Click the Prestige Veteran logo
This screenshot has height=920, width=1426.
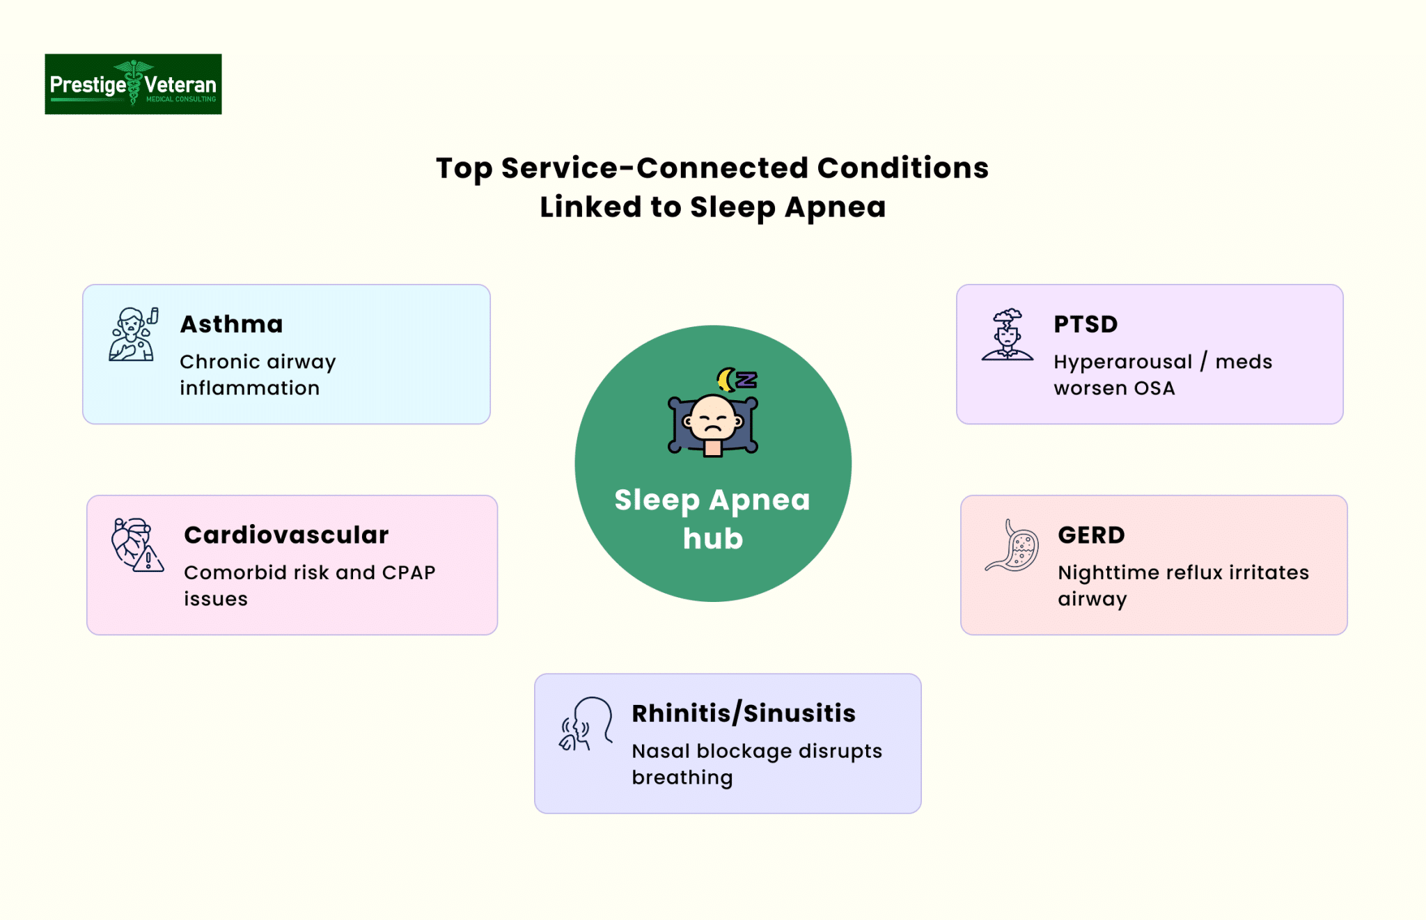coord(133,84)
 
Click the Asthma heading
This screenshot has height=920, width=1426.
coord(231,324)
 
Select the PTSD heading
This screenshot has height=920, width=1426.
coord(1086,324)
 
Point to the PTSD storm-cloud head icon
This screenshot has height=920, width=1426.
coord(1008,334)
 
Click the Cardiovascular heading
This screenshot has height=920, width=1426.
coord(286,535)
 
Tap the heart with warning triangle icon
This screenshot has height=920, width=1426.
coord(137,545)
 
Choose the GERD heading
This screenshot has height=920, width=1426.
coord(1091,535)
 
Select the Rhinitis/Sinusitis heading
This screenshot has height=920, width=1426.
coord(744,713)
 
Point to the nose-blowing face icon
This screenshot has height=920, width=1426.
coord(586,724)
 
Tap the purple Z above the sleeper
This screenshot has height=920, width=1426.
coord(746,379)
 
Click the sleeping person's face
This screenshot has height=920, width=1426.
coord(712,419)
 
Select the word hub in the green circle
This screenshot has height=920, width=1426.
coord(713,539)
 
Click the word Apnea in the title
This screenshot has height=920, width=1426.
coord(836,207)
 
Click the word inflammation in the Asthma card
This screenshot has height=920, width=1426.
coord(250,388)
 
